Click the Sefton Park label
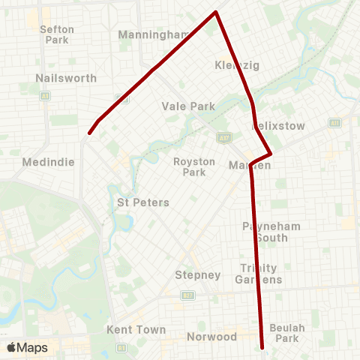coord(57,34)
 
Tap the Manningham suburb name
coord(154,34)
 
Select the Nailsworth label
coord(61,77)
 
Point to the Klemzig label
coord(236,65)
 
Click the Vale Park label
coord(188,106)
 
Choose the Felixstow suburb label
coord(279,126)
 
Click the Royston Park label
coord(194,166)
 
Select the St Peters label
coord(143,202)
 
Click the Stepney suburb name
coord(197,274)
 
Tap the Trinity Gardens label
coord(260,274)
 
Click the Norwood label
coord(211,337)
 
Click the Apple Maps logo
coord(27,347)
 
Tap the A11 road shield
coord(334,122)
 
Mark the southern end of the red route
coord(262,348)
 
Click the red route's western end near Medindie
coord(89,133)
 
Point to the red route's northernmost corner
coord(217,12)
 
